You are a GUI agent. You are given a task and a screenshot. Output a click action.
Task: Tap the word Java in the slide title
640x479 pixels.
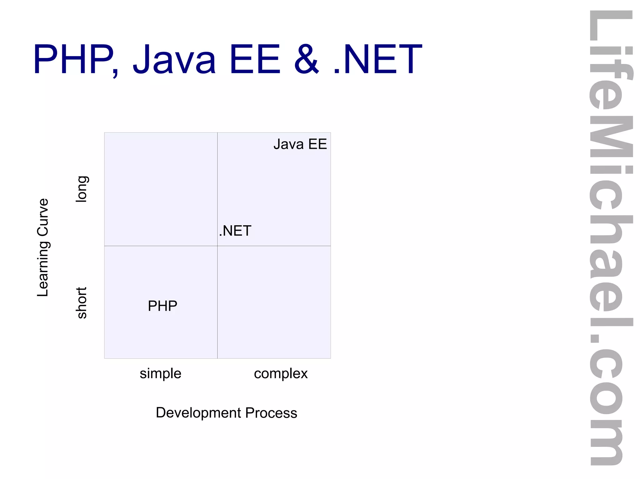[174, 59]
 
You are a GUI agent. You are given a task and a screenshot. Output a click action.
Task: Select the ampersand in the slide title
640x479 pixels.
[307, 59]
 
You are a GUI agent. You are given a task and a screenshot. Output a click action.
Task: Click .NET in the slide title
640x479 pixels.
[378, 59]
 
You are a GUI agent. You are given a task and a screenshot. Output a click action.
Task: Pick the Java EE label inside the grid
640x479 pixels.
[300, 144]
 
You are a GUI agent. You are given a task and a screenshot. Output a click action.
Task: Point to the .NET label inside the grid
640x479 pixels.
[235, 231]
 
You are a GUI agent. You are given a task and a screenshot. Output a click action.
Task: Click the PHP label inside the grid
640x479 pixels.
[162, 306]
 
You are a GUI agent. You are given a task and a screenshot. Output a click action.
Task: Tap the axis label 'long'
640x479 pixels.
[82, 189]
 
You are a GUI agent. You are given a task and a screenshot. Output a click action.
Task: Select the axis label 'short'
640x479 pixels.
[82, 303]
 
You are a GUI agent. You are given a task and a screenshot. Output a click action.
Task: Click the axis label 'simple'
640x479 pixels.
[160, 374]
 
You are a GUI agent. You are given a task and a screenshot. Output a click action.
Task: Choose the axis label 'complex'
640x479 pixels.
[281, 374]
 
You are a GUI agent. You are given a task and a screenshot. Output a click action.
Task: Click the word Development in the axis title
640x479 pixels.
[198, 413]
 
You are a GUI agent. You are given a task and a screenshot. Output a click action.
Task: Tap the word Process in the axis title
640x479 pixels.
[271, 413]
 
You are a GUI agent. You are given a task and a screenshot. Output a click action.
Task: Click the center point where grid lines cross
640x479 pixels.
[217, 246]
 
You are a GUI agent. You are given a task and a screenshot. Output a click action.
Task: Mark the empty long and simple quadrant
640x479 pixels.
[161, 189]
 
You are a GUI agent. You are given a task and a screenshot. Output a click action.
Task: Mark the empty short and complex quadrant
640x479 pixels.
[274, 302]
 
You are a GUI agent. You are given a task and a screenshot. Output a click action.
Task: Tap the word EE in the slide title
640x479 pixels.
[255, 59]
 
